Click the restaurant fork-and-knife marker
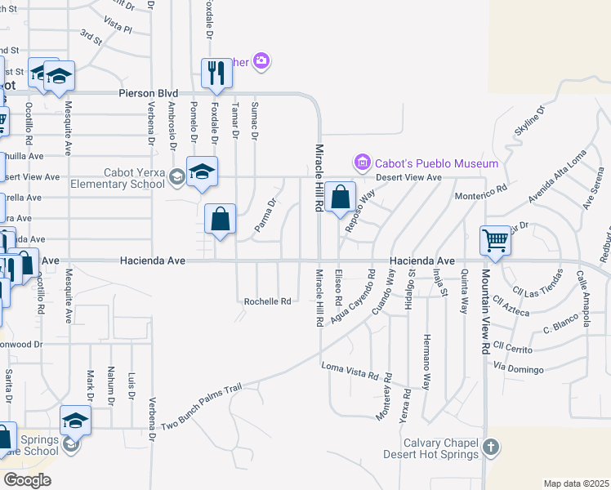click(x=216, y=73)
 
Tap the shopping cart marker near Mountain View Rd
click(x=495, y=241)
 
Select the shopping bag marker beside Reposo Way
click(x=340, y=197)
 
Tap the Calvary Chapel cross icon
click(x=489, y=447)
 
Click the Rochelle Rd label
click(x=268, y=301)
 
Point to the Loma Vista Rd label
click(x=350, y=371)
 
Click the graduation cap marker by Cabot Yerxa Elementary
click(x=202, y=171)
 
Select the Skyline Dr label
click(x=528, y=120)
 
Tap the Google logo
click(x=28, y=480)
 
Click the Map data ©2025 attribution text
click(x=576, y=483)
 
